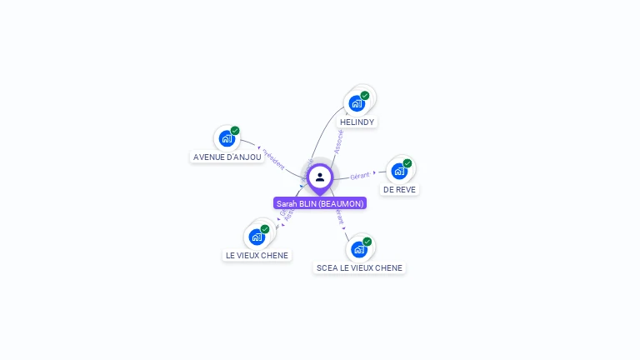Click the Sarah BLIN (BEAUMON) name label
(320, 203)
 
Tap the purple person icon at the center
(320, 177)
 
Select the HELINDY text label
(357, 122)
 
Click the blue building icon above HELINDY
(357, 103)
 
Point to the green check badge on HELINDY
(365, 95)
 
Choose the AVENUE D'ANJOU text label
(227, 157)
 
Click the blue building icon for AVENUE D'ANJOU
(226, 138)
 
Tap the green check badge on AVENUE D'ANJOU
(235, 131)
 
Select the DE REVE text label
(399, 189)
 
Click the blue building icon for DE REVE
(399, 171)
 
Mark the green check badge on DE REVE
(407, 163)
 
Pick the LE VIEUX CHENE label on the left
(257, 255)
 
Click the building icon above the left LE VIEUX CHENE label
(257, 237)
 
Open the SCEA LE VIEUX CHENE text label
(359, 267)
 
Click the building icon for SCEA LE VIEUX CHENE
(358, 249)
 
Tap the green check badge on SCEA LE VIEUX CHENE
(367, 242)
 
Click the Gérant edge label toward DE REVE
(360, 176)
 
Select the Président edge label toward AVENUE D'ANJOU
(274, 159)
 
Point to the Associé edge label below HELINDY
(339, 141)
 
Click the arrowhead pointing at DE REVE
(374, 173)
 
